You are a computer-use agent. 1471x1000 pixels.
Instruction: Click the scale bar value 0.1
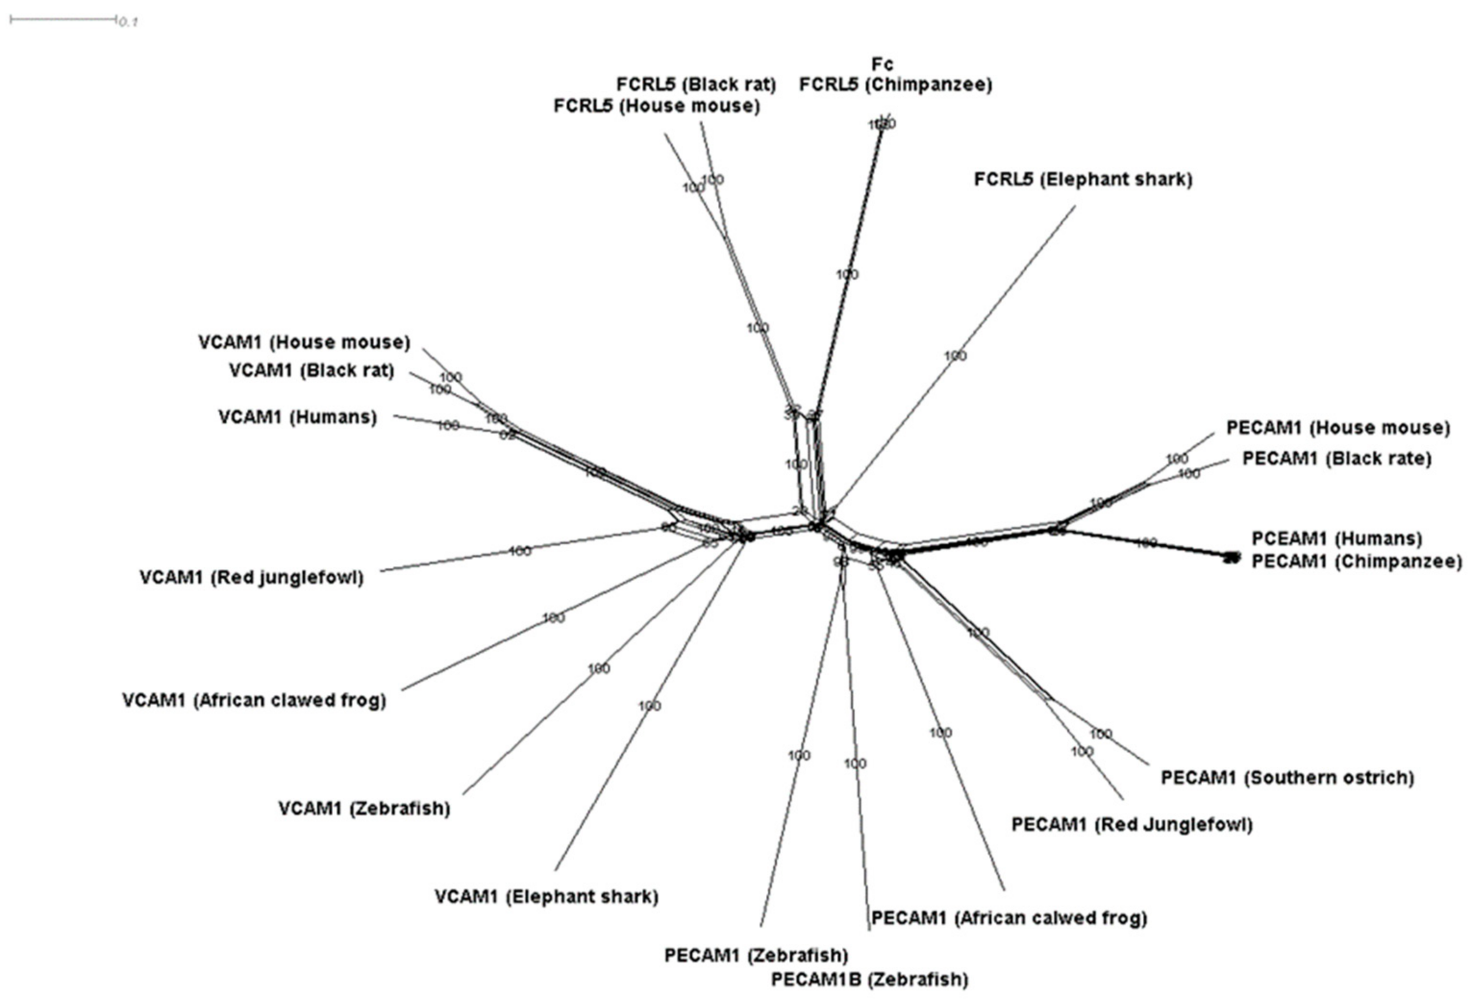tap(128, 22)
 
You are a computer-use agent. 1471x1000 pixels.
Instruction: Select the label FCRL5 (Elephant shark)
tap(1083, 180)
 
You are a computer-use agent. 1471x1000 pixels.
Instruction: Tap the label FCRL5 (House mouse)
tap(656, 106)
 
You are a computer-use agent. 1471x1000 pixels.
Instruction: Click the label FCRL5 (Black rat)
tap(696, 85)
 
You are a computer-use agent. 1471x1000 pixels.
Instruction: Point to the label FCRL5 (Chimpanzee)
tap(895, 85)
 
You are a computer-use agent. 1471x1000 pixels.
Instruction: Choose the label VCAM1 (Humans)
tap(298, 418)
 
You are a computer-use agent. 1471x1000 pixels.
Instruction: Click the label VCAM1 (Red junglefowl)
tap(251, 577)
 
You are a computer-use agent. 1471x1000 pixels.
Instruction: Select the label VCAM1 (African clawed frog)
tap(254, 700)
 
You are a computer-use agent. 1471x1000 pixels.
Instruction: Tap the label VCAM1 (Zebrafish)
tap(364, 809)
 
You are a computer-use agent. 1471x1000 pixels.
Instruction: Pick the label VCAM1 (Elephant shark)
tap(546, 897)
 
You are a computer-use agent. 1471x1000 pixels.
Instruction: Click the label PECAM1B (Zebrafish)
tap(869, 980)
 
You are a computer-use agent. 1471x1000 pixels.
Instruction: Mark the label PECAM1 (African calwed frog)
tap(1009, 918)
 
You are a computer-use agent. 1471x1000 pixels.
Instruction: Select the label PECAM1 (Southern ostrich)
tap(1287, 778)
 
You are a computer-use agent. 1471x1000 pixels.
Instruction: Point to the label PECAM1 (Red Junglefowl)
tap(1132, 825)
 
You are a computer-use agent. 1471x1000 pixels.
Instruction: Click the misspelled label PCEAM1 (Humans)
tap(1337, 538)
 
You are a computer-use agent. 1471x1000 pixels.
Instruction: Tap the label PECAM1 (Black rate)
tap(1336, 458)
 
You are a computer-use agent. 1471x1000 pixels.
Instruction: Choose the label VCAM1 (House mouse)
tap(304, 342)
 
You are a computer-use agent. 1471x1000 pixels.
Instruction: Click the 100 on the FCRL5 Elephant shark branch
tap(955, 356)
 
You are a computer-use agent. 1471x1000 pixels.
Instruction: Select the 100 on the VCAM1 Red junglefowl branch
tap(520, 551)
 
